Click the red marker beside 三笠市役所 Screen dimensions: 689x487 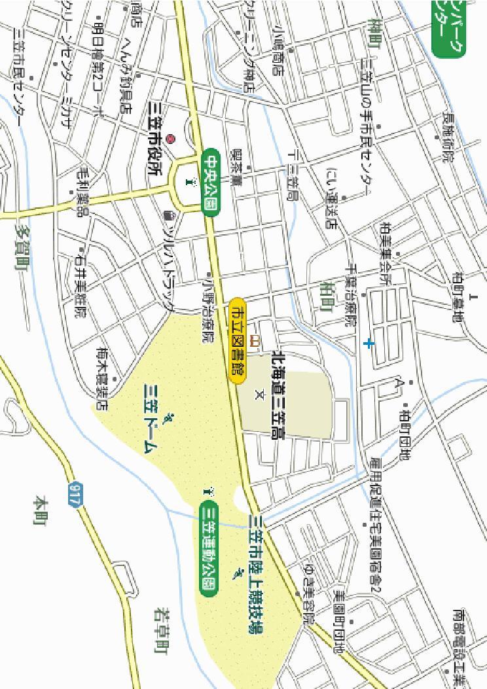pyautogui.click(x=171, y=139)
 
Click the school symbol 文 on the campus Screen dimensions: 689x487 pyautogui.click(x=258, y=395)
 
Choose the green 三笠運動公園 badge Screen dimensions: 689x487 pyautogui.click(x=208, y=546)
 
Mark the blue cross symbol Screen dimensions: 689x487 pyautogui.click(x=369, y=343)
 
